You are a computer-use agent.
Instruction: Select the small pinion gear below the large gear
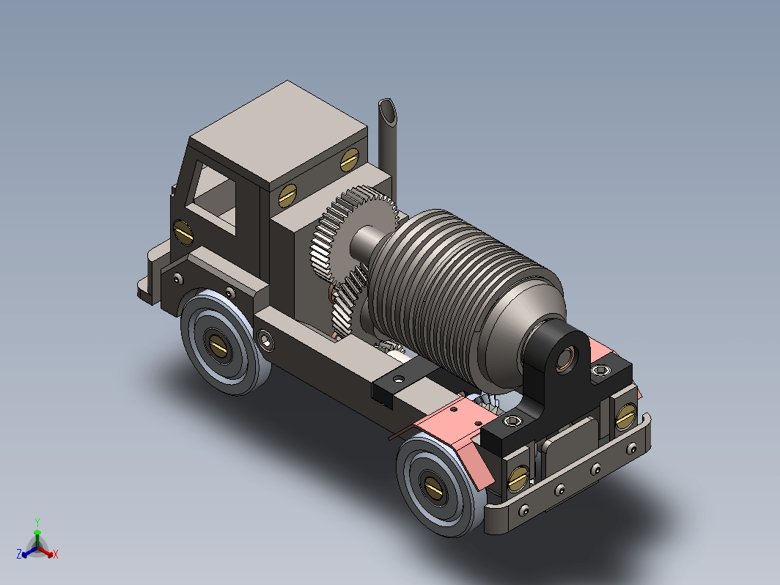(x=348, y=304)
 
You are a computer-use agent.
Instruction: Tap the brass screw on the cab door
(x=183, y=232)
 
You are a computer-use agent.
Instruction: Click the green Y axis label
(x=37, y=522)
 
